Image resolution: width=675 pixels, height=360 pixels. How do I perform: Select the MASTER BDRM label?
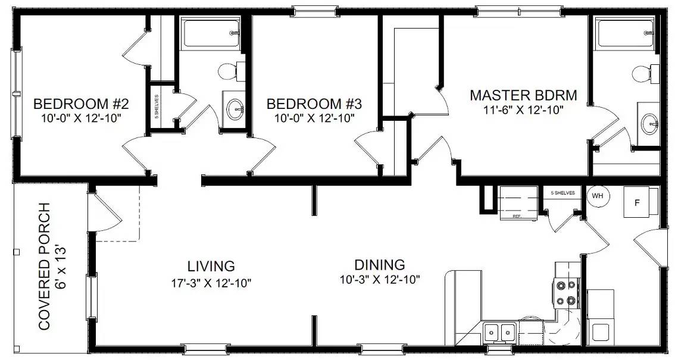pyautogui.click(x=523, y=95)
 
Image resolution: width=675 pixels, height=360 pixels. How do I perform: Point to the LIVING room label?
pyautogui.click(x=211, y=266)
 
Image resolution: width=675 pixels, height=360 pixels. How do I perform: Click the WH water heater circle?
pyautogui.click(x=598, y=195)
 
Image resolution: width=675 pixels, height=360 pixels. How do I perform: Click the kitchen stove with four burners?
pyautogui.click(x=567, y=293)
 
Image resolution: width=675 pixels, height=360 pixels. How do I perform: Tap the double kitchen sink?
pyautogui.click(x=500, y=331)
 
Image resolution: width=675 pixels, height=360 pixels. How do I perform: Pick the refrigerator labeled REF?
pyautogui.click(x=518, y=202)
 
